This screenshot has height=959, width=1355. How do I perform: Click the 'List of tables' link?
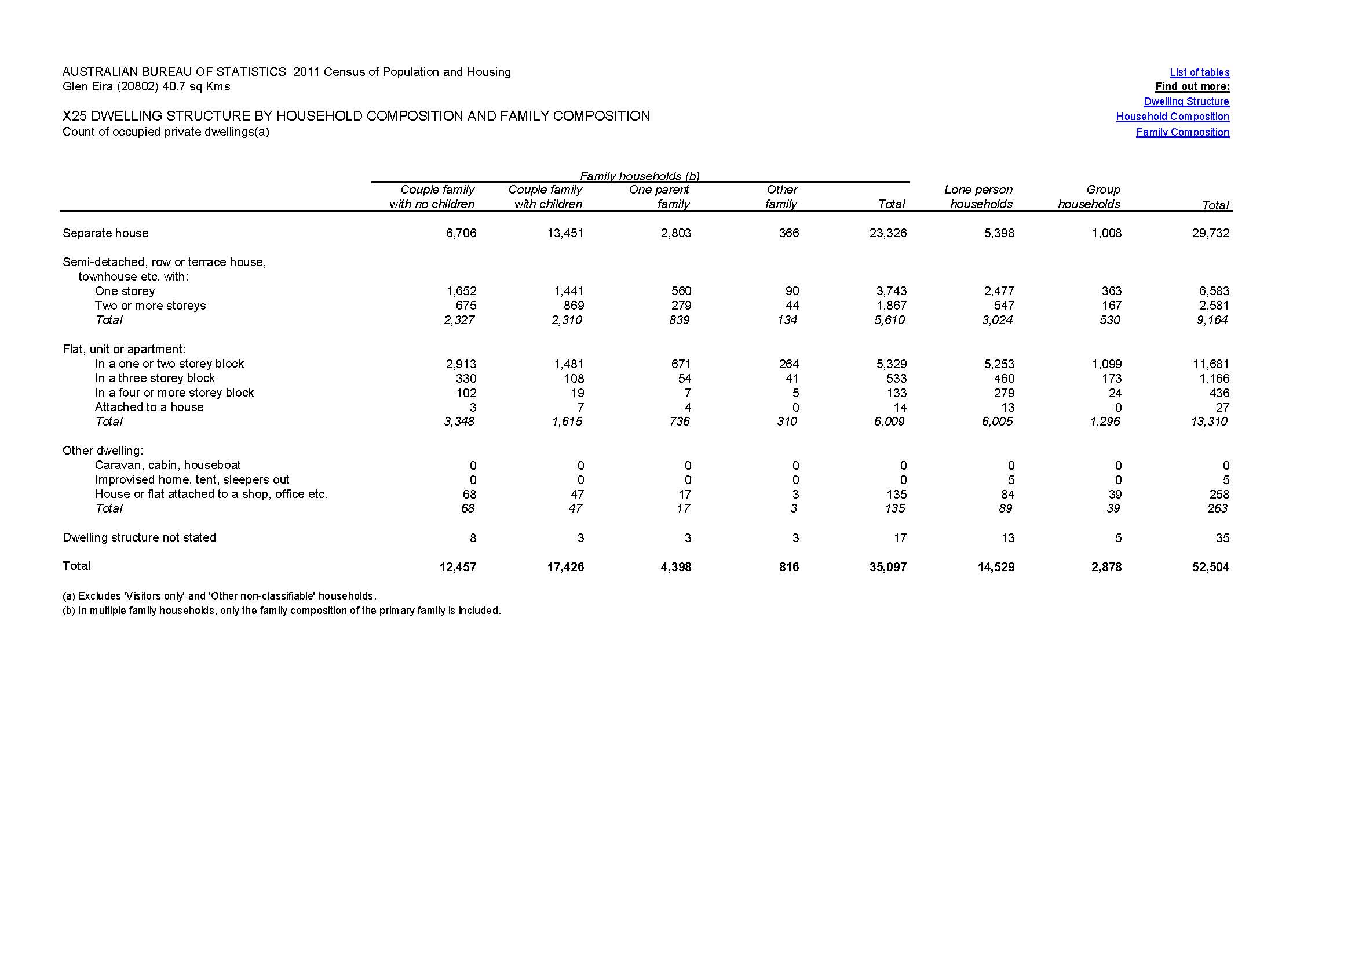click(x=1199, y=72)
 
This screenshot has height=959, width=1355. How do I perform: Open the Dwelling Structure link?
click(x=1186, y=101)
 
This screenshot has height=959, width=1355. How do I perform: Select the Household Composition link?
click(x=1172, y=117)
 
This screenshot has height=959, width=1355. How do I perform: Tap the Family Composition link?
click(x=1182, y=132)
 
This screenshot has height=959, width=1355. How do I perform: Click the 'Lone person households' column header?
click(x=979, y=197)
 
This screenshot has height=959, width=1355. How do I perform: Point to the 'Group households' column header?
click(x=1090, y=197)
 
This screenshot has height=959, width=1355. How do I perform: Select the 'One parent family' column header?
click(x=660, y=197)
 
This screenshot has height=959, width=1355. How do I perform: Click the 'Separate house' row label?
click(x=105, y=233)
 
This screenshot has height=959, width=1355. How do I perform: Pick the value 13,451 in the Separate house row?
click(x=565, y=233)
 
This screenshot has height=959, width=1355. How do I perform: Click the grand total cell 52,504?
click(x=1210, y=568)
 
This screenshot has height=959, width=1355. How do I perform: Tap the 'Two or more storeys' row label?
click(x=150, y=306)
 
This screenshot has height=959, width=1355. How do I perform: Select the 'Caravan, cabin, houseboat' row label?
click(x=167, y=466)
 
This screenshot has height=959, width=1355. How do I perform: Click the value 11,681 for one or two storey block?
click(x=1210, y=364)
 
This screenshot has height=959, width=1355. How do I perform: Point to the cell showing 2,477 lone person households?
click(x=999, y=291)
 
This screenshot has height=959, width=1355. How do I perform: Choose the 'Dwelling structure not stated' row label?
click(x=139, y=538)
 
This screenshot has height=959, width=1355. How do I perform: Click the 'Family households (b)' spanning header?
click(x=640, y=176)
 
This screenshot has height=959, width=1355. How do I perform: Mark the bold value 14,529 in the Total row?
click(x=996, y=568)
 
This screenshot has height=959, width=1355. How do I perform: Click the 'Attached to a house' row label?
click(x=149, y=408)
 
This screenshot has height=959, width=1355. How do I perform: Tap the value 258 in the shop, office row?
click(x=1219, y=495)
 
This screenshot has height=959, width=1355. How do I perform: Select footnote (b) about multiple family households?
click(x=282, y=611)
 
